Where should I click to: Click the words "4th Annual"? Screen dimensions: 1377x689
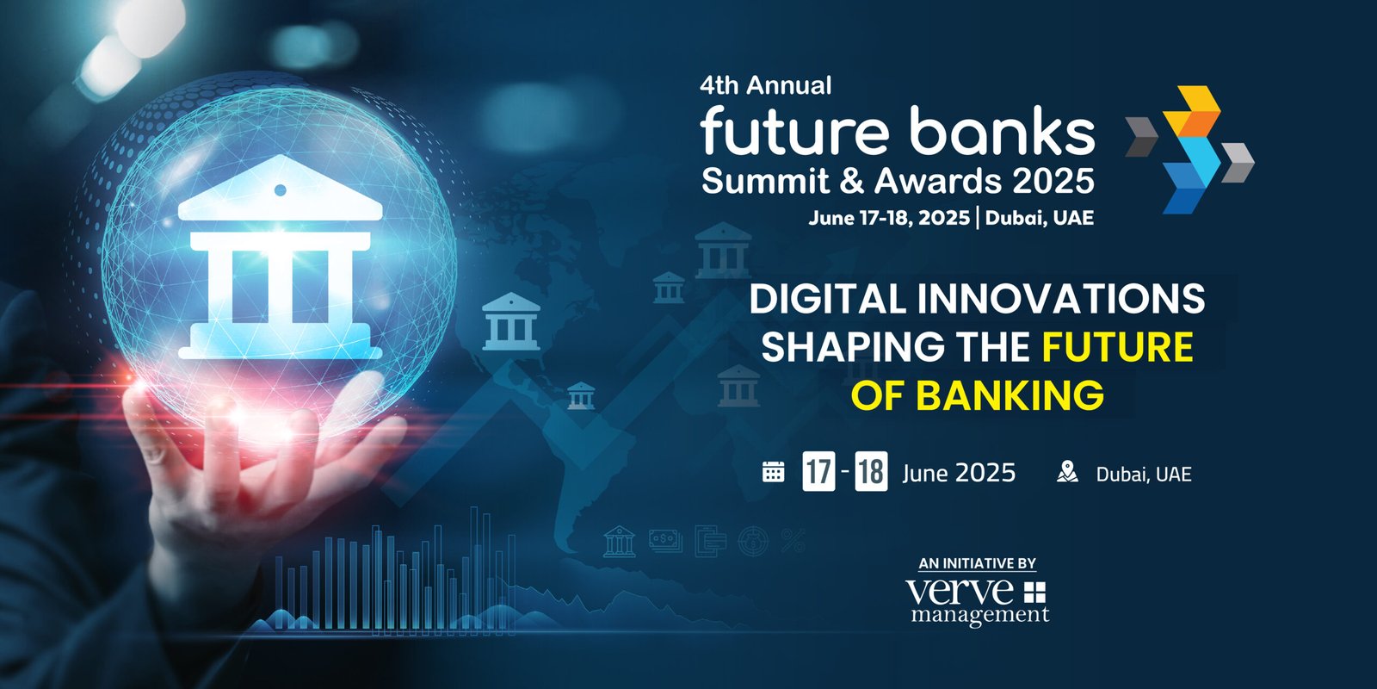tap(765, 85)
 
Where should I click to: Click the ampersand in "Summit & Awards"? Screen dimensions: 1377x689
tap(851, 181)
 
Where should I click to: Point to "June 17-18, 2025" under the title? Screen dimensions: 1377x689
tap(889, 218)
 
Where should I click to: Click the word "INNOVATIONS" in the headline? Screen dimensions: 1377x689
tap(1061, 299)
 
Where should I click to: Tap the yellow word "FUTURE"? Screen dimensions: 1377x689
tap(1118, 347)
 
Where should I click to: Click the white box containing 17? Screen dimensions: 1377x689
tap(818, 471)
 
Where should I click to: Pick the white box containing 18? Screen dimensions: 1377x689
tap(871, 471)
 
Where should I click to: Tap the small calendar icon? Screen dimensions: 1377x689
tap(774, 472)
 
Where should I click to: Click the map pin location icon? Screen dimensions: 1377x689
tap(1067, 472)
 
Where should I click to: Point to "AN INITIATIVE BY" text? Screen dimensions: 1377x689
tap(978, 563)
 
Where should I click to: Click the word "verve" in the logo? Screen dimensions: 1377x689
tap(959, 591)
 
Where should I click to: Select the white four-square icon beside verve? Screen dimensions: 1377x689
tap(1034, 593)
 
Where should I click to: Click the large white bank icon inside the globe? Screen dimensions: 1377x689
tap(281, 258)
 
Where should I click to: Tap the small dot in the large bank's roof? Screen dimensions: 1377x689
tap(281, 190)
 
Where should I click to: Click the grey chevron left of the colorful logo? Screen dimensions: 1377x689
tap(1141, 137)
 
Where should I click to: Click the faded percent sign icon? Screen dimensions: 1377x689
tap(793, 541)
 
